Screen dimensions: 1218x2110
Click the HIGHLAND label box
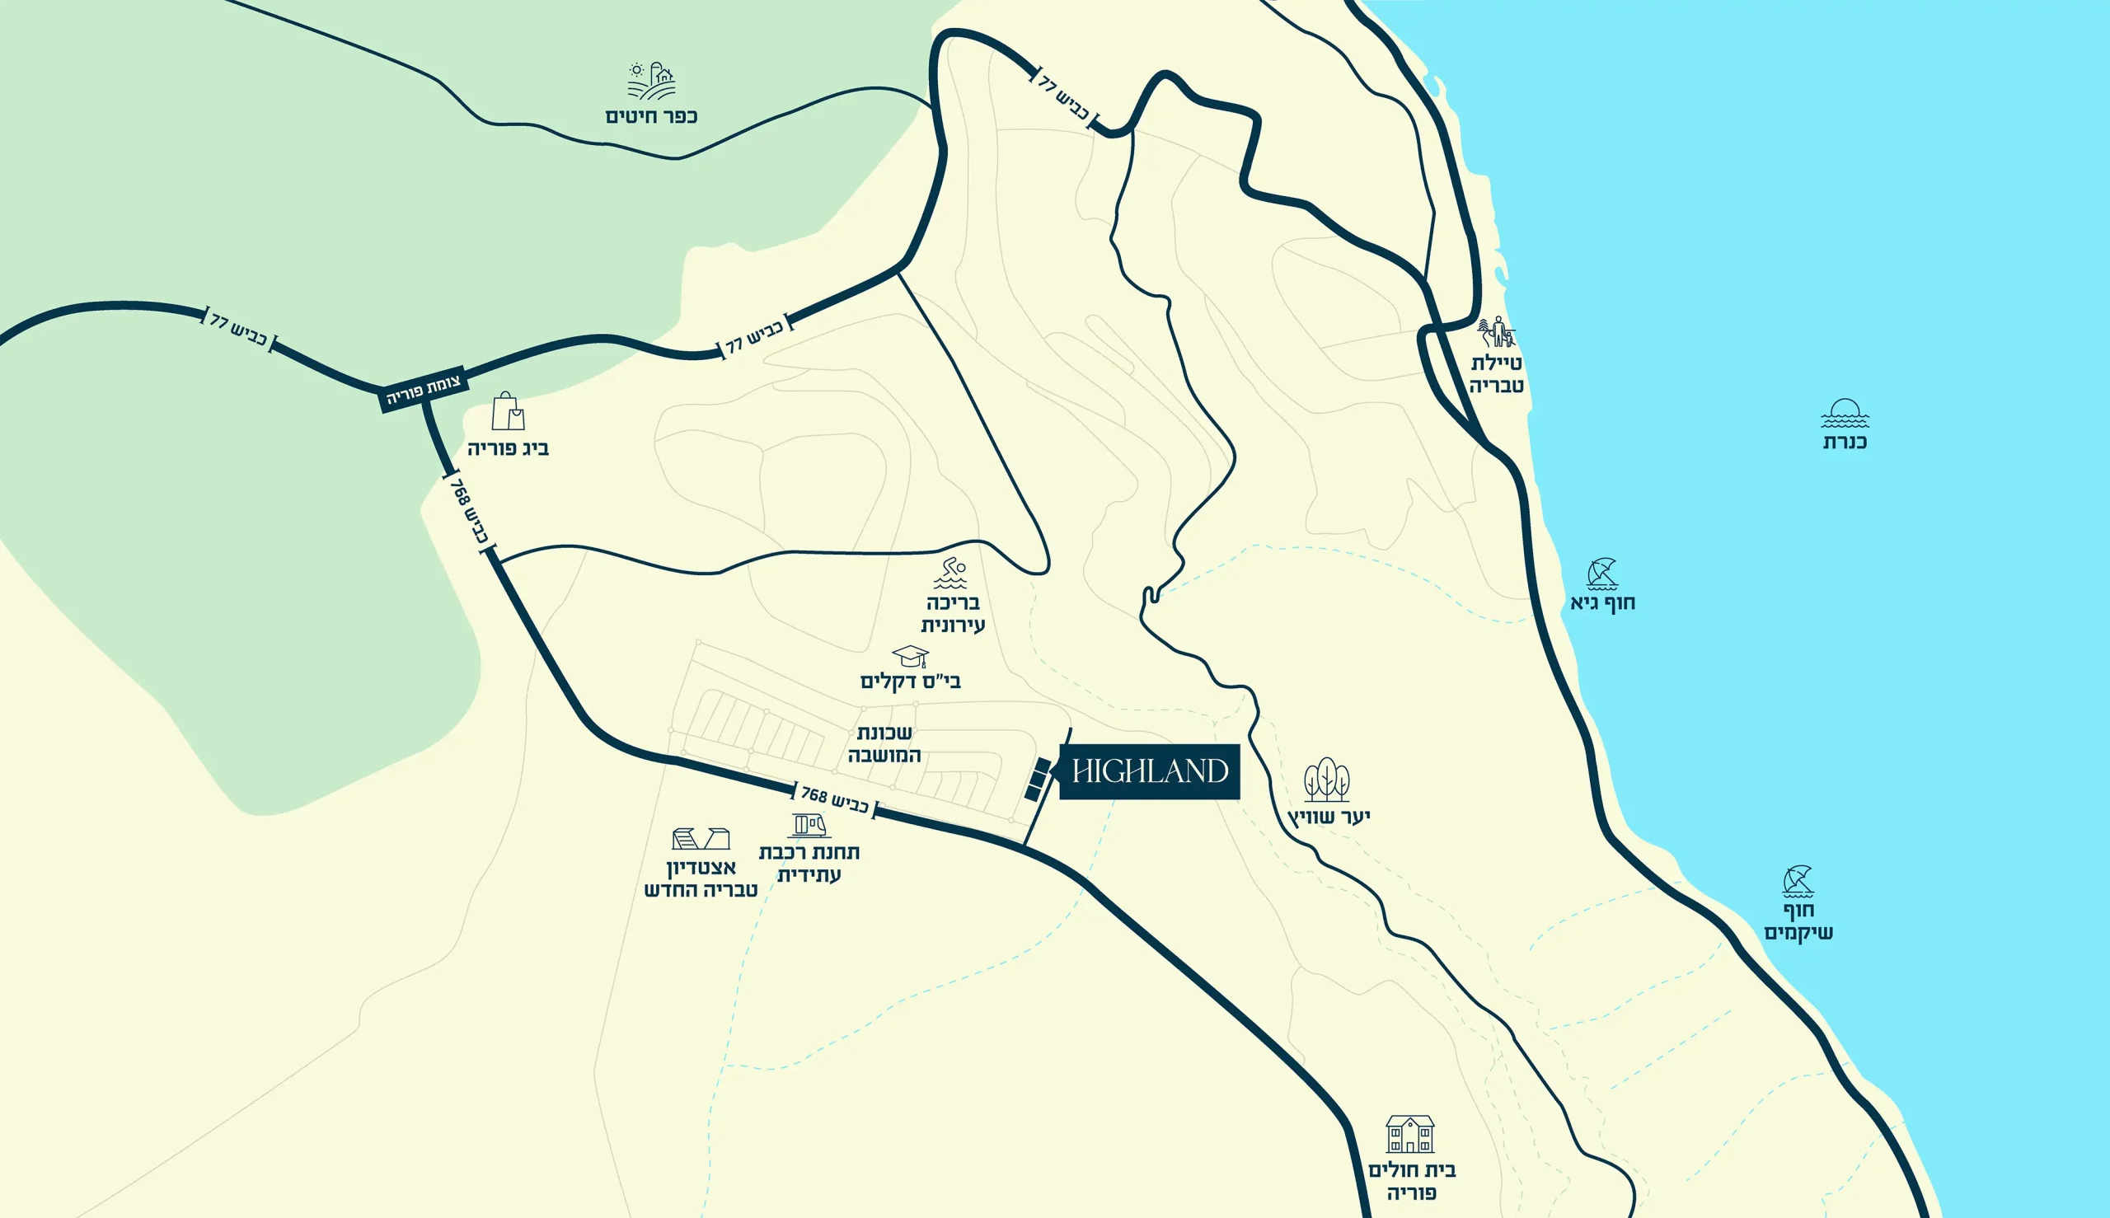coord(1150,771)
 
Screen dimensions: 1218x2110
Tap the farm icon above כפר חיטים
coord(651,81)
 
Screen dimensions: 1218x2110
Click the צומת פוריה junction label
coord(424,391)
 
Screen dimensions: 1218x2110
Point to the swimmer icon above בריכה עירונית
coord(950,573)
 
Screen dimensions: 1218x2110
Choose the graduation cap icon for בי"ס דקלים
coord(909,656)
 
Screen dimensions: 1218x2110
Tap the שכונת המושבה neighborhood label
coord(884,743)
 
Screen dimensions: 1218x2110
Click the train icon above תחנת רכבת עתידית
coord(809,826)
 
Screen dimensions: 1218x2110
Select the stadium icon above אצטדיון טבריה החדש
coord(701,838)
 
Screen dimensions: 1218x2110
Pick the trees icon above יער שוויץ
coord(1327,780)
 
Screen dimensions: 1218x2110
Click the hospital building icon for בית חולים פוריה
coord(1409,1133)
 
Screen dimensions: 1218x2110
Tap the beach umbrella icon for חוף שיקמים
coord(1797,882)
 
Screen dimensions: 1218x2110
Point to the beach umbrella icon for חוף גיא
coord(1601,574)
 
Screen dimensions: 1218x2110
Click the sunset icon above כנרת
coord(1845,413)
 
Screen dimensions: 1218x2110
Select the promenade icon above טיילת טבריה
coord(1496,332)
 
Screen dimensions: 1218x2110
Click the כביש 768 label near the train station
coord(834,799)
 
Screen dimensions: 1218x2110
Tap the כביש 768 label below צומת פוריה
coord(468,511)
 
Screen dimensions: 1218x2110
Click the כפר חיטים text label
coord(651,116)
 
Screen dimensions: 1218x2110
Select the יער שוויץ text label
coord(1329,817)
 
